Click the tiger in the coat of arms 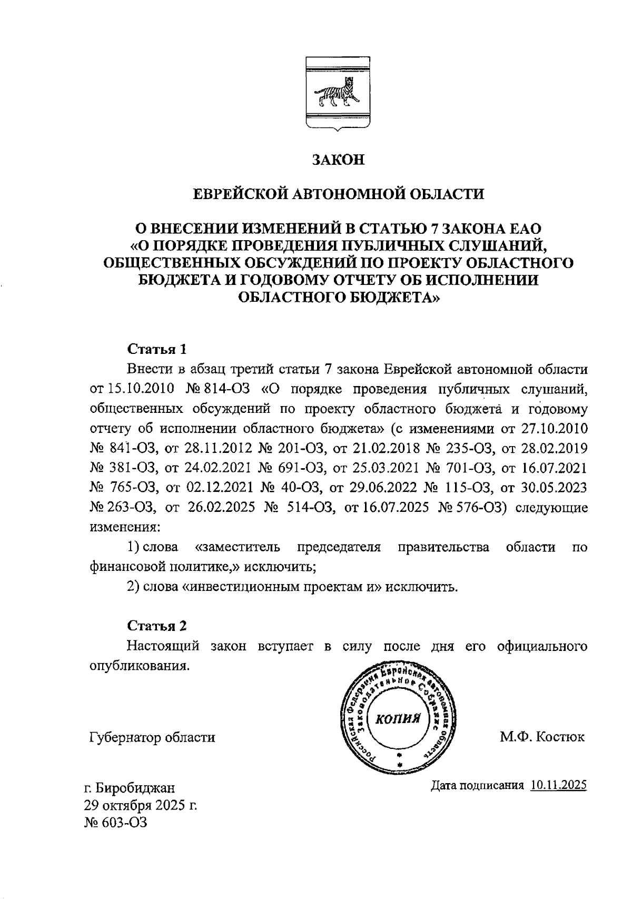coord(337,94)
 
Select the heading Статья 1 coord(157,349)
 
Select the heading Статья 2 coord(157,626)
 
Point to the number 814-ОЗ coord(221,389)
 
